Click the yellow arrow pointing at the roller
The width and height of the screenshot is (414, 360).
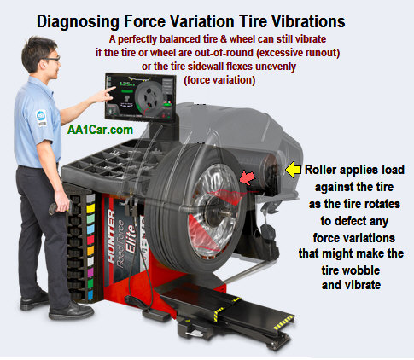tap(293, 170)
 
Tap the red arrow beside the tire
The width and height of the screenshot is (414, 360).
tap(247, 178)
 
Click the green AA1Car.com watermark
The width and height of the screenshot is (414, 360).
tap(100, 130)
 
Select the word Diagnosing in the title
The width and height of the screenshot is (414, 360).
tap(79, 22)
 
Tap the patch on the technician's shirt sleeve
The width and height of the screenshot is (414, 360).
tap(42, 118)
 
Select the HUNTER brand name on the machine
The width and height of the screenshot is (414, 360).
tap(111, 235)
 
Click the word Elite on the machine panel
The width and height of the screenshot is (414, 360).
tap(131, 238)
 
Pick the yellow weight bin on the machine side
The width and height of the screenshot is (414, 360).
tap(90, 208)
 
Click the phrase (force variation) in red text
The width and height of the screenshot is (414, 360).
tap(219, 80)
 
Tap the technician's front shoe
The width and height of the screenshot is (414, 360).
tap(71, 311)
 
